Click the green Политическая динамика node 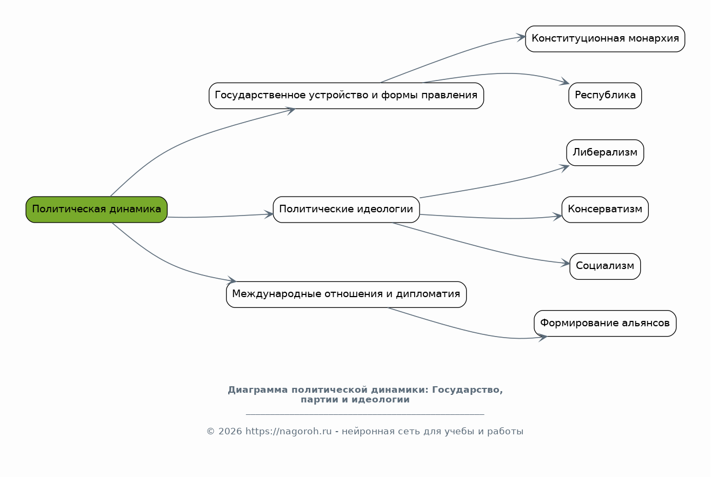tap(96, 209)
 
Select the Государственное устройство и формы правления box tap(346, 96)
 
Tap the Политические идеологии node tap(346, 209)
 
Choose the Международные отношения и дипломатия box tap(346, 294)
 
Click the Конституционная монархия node tap(605, 39)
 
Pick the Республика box tap(605, 96)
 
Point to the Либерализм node tap(605, 152)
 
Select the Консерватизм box tap(605, 209)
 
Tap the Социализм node tap(605, 266)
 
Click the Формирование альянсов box tap(605, 323)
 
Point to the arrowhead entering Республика tap(564, 81)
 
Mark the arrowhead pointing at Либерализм tap(564, 168)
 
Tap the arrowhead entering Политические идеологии tap(269, 214)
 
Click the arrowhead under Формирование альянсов tap(542, 338)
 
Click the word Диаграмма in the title tap(258, 390)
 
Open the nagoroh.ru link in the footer tap(289, 431)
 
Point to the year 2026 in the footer tap(230, 431)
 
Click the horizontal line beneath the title tap(365, 414)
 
